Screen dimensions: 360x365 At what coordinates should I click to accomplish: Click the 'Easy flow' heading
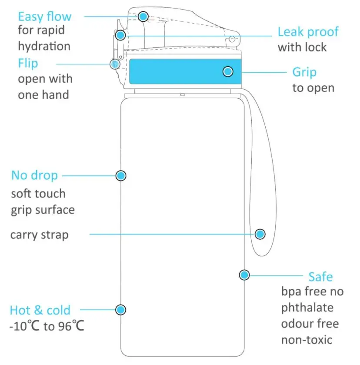click(x=45, y=17)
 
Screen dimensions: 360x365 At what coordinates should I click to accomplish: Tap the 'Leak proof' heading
click(x=308, y=32)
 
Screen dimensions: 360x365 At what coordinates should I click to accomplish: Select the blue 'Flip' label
click(x=28, y=64)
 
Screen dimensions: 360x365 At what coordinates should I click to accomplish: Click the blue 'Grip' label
click(x=304, y=72)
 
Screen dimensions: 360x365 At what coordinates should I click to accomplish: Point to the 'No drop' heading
click(x=34, y=175)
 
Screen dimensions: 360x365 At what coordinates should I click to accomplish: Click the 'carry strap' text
click(x=39, y=234)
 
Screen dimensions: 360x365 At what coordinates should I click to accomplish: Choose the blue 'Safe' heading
click(x=321, y=277)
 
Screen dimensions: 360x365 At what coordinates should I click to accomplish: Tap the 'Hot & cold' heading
click(x=40, y=310)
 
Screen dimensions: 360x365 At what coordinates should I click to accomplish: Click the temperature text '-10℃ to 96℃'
click(x=47, y=326)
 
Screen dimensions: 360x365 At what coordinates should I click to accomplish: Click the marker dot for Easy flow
click(x=143, y=17)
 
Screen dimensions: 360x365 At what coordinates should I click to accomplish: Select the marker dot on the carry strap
click(x=260, y=234)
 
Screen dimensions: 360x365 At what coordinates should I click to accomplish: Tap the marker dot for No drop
click(x=121, y=175)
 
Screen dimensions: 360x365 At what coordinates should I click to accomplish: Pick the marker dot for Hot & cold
click(x=120, y=310)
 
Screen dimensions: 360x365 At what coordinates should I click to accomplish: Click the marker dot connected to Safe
click(x=244, y=275)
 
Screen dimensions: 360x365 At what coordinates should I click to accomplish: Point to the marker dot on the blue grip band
click(x=228, y=71)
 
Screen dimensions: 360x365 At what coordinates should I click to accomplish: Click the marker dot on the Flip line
click(x=115, y=64)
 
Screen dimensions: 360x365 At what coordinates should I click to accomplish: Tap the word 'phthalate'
click(x=307, y=308)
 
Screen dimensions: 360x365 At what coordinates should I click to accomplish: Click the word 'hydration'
click(x=44, y=46)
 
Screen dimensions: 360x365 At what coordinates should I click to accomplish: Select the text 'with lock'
click(x=302, y=47)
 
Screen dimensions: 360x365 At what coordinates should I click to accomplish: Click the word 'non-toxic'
click(x=307, y=340)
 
